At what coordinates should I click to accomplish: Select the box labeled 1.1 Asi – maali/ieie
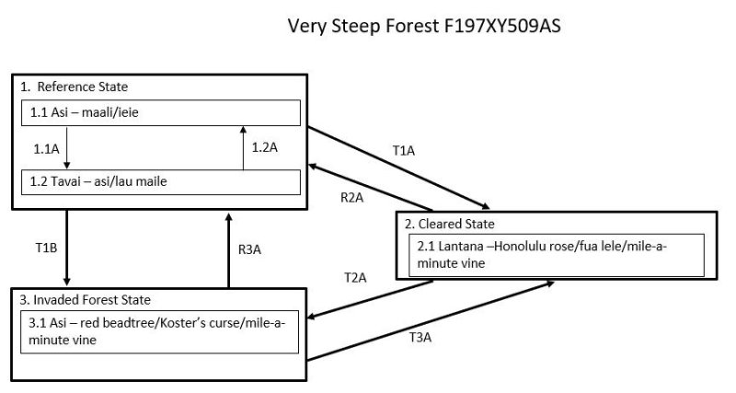point(161,112)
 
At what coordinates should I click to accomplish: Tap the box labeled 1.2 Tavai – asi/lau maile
point(161,181)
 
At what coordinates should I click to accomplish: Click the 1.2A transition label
point(266,147)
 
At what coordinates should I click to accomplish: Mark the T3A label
point(420,338)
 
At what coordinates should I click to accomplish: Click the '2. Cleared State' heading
point(446,224)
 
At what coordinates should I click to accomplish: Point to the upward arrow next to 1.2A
point(243,147)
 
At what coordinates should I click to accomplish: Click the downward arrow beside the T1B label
point(66,248)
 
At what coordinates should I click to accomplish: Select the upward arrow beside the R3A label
point(228,248)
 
